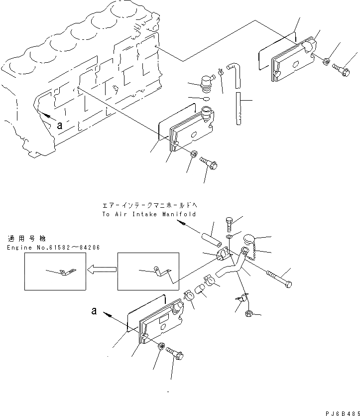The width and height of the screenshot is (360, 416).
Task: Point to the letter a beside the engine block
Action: (x=60, y=126)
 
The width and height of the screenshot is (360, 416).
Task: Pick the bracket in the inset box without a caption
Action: (x=161, y=272)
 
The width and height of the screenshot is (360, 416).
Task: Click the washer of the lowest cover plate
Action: (x=161, y=346)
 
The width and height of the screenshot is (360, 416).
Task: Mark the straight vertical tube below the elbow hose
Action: (x=240, y=108)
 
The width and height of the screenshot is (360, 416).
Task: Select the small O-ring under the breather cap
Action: (x=207, y=99)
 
